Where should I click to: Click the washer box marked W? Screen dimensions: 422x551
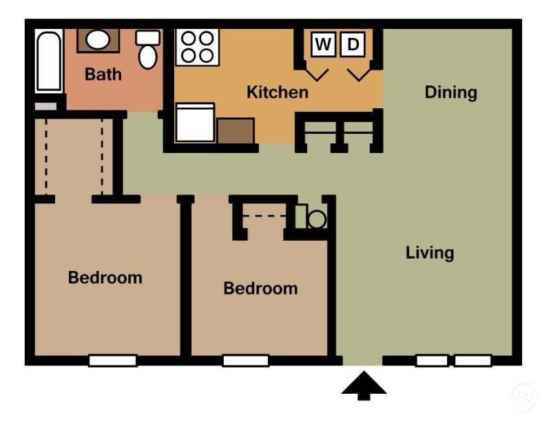(x=323, y=45)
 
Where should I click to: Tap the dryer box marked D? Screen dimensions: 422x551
(x=353, y=45)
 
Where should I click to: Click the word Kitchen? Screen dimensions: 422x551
(x=278, y=92)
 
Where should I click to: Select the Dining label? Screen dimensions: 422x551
(x=450, y=92)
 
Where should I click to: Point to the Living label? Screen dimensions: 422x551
(x=430, y=252)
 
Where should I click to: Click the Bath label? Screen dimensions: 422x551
(x=103, y=74)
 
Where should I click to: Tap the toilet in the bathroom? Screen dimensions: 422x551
(x=147, y=50)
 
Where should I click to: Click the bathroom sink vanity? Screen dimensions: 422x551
(x=97, y=40)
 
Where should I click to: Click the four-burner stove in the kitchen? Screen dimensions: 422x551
(x=197, y=46)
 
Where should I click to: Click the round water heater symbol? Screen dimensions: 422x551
(x=316, y=219)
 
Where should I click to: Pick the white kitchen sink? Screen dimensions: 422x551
(x=195, y=123)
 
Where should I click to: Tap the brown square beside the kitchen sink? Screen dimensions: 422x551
(x=236, y=130)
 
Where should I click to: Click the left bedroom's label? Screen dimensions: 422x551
(x=105, y=278)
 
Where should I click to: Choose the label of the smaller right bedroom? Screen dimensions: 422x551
(x=260, y=288)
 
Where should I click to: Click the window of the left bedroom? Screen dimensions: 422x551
(x=113, y=360)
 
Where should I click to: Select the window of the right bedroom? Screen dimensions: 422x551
(x=245, y=360)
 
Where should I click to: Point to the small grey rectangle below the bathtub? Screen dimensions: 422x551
(x=45, y=107)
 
